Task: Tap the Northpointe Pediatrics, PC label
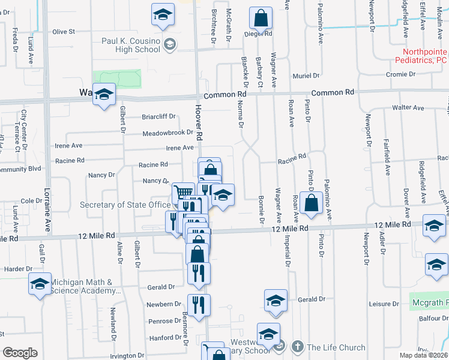point(421,56)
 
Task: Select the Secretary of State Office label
point(125,205)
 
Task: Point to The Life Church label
point(336,347)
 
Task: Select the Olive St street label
point(64,31)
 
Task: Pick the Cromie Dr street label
point(402,74)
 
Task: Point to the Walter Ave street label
point(408,108)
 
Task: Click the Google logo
point(19,353)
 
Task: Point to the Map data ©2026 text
point(423,355)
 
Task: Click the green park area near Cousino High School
point(117,79)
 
